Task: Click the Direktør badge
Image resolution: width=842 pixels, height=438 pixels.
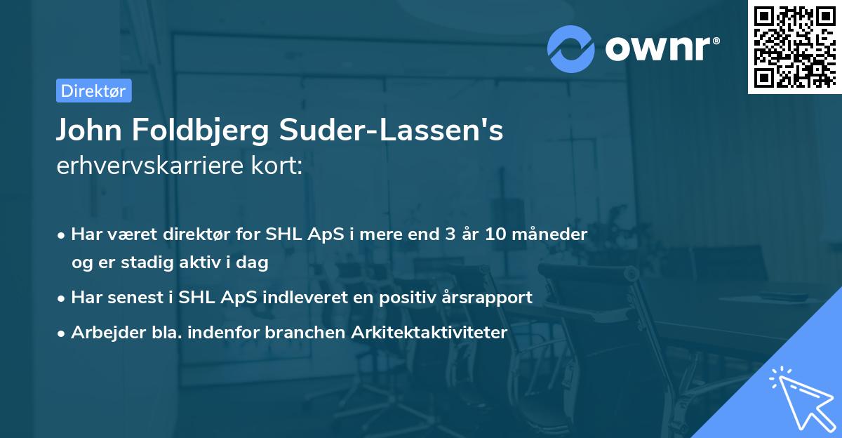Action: coord(93,91)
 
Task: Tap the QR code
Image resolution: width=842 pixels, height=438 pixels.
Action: coord(794,46)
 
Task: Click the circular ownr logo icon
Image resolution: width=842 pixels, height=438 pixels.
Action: coord(571,48)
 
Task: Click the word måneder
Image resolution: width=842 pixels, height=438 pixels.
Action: coord(553,234)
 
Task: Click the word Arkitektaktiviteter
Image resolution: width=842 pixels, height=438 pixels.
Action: coord(427,333)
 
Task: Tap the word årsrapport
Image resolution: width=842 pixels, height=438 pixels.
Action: coord(490,297)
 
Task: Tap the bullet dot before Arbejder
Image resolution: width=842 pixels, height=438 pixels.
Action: coord(62,333)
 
